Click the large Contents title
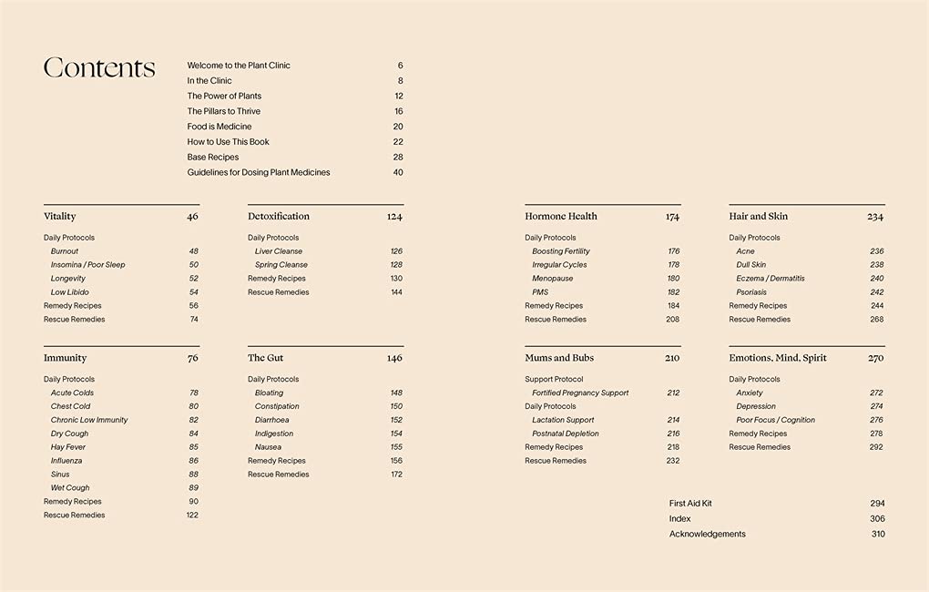point(99,68)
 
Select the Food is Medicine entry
point(219,127)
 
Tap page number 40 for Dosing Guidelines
point(398,172)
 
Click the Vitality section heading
point(60,217)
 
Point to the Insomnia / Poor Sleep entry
point(88,265)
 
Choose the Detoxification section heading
point(279,217)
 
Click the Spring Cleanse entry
point(281,265)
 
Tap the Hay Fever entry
point(68,447)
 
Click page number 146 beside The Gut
point(394,358)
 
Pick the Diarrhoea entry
point(272,420)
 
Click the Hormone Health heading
point(561,217)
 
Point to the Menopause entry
point(553,279)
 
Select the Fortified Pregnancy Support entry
point(580,393)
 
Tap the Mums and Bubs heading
point(559,358)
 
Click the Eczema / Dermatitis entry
point(771,279)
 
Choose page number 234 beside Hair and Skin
point(875,217)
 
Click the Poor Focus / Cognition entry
point(776,420)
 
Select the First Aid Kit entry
point(690,504)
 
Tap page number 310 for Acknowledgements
point(878,535)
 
